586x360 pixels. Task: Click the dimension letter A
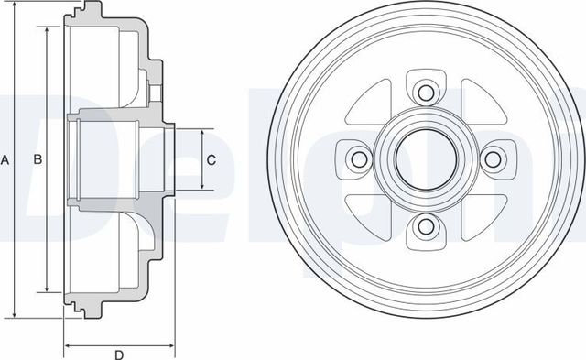point(5,160)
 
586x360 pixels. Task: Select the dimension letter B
point(38,160)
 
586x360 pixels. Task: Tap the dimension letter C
point(212,160)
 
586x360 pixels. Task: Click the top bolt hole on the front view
point(425,92)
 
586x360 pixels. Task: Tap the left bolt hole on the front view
point(357,160)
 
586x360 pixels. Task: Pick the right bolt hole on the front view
point(494,160)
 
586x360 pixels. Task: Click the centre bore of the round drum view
point(425,160)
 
